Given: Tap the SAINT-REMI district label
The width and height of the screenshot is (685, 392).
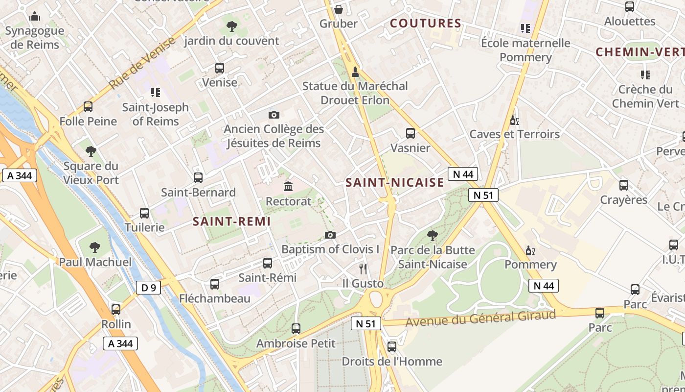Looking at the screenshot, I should click(x=231, y=221).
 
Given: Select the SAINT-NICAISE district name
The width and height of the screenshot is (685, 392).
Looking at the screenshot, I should click(x=394, y=183).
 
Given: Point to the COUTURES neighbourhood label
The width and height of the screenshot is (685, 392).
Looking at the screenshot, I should click(x=426, y=23).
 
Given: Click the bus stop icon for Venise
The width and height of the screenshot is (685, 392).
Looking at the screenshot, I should click(x=220, y=68).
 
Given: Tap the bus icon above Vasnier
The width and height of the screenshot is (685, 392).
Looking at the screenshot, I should click(x=411, y=133).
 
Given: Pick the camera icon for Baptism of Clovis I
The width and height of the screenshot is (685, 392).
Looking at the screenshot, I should click(x=330, y=235).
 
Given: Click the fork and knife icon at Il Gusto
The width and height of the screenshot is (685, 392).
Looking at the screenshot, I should click(x=363, y=269).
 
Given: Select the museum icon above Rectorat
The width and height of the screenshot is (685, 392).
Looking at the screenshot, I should click(x=288, y=187).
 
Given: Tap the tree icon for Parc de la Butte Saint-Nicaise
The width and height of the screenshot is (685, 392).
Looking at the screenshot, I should click(x=432, y=236).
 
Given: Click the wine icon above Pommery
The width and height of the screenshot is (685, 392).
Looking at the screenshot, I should click(x=530, y=251).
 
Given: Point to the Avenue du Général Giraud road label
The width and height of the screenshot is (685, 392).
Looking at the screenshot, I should click(x=481, y=318).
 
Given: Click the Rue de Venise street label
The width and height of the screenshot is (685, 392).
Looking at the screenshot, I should click(x=141, y=63).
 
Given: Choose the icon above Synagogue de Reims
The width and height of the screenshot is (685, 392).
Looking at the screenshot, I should click(x=35, y=17).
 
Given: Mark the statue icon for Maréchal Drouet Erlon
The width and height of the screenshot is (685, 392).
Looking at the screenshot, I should click(x=355, y=72).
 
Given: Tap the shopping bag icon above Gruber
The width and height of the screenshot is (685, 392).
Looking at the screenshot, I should click(x=338, y=9).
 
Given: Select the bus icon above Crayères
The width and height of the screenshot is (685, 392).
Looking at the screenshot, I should click(x=624, y=185).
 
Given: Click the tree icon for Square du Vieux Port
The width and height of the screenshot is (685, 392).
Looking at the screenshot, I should click(x=91, y=151).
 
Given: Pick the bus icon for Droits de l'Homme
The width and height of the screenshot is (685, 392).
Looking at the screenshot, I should click(x=392, y=347).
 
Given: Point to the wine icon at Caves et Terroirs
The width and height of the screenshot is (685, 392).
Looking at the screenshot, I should click(x=514, y=120).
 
